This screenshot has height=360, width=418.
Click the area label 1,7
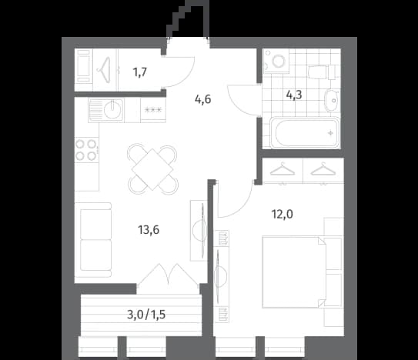click(140, 72)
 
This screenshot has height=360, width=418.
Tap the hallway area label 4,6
click(203, 99)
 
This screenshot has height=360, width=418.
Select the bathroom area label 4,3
click(294, 95)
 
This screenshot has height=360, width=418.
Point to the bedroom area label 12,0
click(282, 214)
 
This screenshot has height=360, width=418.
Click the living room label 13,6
click(149, 230)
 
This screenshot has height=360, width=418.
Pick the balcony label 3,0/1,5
click(146, 315)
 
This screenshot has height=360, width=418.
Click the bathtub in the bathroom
click(305, 132)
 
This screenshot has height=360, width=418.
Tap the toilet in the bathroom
click(322, 72)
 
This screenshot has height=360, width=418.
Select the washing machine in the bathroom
click(276, 61)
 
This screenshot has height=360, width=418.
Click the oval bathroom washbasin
click(331, 101)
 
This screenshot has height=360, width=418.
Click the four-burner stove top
click(86, 150)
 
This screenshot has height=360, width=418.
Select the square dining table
click(152, 169)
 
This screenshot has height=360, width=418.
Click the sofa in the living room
click(93, 240)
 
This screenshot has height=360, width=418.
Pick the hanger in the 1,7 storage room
click(105, 70)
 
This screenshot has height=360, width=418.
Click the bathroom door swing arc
click(237, 106)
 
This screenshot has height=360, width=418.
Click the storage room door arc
click(187, 77)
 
